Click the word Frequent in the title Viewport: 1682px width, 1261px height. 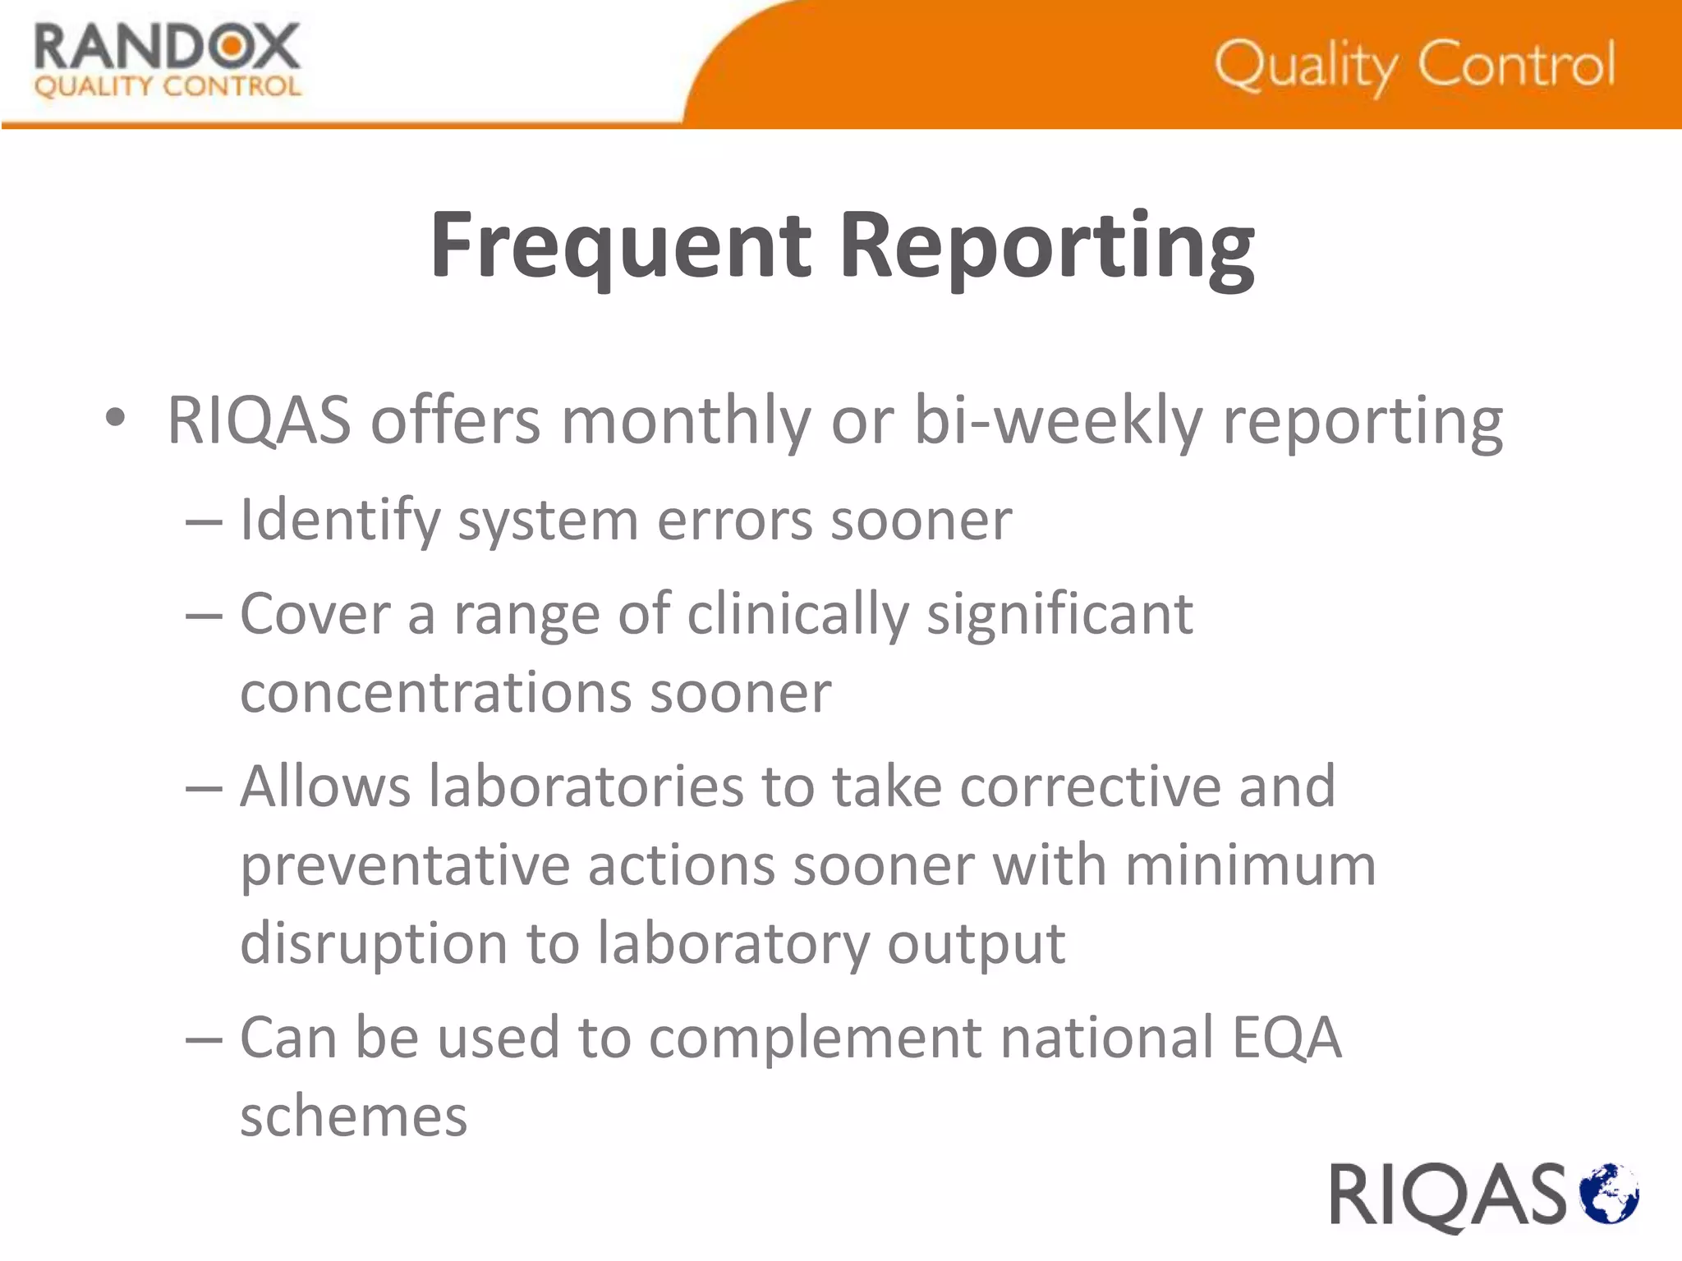coord(621,245)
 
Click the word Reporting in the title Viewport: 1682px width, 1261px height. coord(1046,245)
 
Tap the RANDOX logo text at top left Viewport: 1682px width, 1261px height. coord(167,48)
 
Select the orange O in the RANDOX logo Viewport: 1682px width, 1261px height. coord(232,47)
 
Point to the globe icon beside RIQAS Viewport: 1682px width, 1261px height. coord(1610,1193)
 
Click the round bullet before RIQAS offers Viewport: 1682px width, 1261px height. coord(116,418)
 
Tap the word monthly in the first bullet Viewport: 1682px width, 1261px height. coord(686,420)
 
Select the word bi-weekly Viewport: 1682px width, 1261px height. coord(1058,420)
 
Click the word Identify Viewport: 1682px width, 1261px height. coord(339,520)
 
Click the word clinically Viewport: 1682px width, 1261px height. coord(797,614)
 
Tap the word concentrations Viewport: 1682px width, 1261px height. coord(435,693)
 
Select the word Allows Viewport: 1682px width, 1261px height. coord(324,786)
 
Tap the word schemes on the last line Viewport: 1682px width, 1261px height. coord(353,1117)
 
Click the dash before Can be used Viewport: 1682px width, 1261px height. coord(204,1039)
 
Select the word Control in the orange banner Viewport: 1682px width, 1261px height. coord(1516,64)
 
